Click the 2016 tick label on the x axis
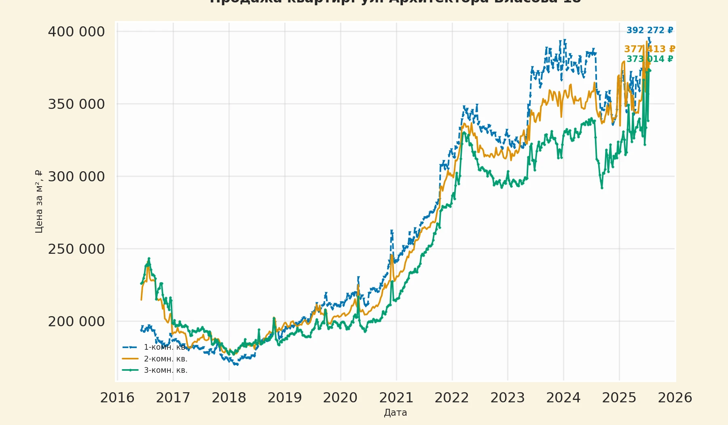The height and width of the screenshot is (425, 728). click(117, 397)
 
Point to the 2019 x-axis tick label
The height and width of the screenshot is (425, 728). click(285, 397)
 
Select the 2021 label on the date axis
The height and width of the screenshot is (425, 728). click(396, 397)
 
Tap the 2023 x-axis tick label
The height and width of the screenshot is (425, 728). click(508, 397)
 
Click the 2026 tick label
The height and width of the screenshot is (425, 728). click(675, 397)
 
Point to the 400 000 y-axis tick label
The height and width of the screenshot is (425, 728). click(76, 32)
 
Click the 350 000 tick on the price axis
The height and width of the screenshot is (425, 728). click(76, 104)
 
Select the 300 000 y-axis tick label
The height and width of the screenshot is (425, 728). click(76, 176)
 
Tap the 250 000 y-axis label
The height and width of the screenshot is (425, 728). click(76, 249)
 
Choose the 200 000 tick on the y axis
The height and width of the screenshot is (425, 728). click(76, 321)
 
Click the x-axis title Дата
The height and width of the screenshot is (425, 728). click(396, 412)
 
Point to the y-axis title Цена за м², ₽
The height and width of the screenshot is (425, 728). click(39, 201)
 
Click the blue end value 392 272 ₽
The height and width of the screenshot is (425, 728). click(650, 30)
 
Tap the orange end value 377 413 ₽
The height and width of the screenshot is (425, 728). click(650, 49)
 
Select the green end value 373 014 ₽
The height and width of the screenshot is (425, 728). click(650, 59)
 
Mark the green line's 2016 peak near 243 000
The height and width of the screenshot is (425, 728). click(149, 258)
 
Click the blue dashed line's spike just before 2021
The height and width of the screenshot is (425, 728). click(392, 231)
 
